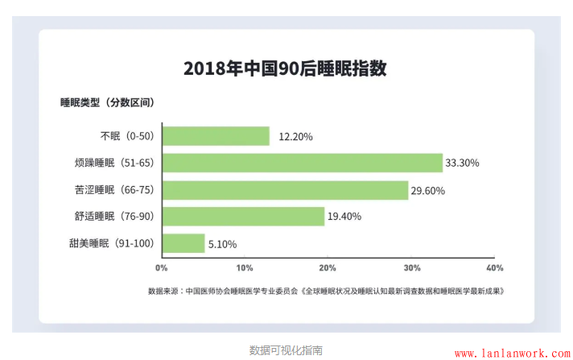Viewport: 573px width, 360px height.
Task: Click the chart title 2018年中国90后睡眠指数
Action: (285, 68)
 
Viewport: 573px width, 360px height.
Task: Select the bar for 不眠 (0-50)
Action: (216, 136)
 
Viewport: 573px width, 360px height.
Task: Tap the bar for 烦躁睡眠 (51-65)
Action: (303, 163)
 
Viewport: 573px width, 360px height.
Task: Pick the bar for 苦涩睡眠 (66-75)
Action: (286, 190)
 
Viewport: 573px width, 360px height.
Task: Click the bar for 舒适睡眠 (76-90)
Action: (243, 217)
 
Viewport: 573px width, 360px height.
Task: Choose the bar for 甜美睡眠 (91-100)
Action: (183, 243)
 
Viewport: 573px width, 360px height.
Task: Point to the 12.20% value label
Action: (295, 137)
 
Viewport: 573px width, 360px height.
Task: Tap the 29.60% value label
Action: (427, 191)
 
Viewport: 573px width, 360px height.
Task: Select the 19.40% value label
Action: (344, 217)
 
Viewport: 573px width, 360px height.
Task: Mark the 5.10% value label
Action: (223, 244)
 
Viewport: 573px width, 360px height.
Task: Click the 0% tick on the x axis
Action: (161, 267)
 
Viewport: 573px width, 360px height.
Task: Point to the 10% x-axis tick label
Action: (245, 267)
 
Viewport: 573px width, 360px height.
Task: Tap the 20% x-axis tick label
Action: (328, 267)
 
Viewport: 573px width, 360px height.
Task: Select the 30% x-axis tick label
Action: (411, 267)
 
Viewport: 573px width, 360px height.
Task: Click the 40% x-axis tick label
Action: (494, 267)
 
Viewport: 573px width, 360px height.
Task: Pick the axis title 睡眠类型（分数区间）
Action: (107, 102)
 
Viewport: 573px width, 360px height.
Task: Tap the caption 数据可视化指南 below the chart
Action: (286, 350)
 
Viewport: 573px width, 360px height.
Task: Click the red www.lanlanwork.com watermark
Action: (512, 353)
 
